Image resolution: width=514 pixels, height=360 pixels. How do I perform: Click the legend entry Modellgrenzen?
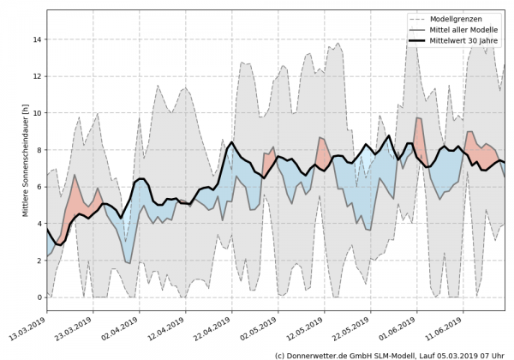click(458, 18)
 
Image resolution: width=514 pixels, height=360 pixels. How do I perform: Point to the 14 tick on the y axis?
click(37, 39)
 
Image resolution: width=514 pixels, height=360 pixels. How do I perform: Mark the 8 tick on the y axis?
click(39, 150)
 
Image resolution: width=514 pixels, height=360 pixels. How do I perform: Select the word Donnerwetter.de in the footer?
click(320, 354)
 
